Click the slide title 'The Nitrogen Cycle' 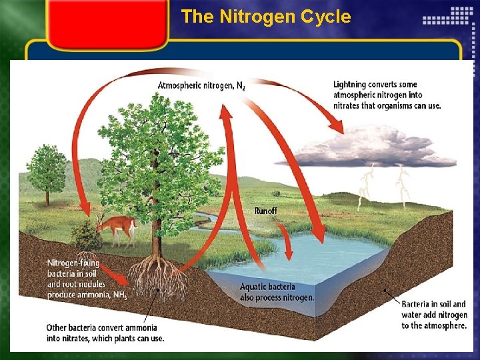(x=265, y=17)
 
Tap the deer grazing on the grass (x=117, y=227)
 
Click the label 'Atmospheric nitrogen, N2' (x=201, y=85)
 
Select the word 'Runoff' (x=265, y=211)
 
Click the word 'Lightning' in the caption (x=352, y=85)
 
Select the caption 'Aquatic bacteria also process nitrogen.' (x=276, y=292)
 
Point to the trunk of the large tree (x=157, y=227)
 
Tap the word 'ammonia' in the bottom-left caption (x=139, y=328)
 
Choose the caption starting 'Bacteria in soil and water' (x=433, y=315)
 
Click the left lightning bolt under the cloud (x=365, y=187)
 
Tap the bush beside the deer (x=85, y=235)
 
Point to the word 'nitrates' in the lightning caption (x=349, y=105)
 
